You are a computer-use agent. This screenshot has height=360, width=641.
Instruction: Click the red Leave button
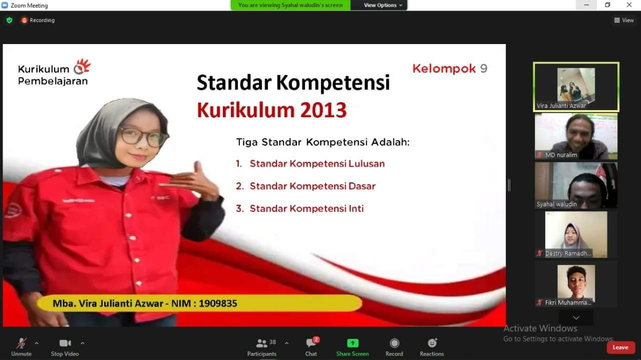pos(620,347)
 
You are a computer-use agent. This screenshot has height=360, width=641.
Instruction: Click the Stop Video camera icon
pos(65,343)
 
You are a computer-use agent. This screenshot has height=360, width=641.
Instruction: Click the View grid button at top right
pos(624,20)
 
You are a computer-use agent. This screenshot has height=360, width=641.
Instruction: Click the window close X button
pos(629,5)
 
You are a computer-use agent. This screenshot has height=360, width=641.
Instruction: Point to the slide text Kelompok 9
pos(450,69)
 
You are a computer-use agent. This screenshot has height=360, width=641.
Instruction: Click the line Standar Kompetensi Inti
pos(306,209)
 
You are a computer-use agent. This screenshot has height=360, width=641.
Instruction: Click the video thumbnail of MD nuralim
pos(576,136)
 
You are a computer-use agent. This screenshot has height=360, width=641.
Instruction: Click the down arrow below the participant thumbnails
pos(576,317)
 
